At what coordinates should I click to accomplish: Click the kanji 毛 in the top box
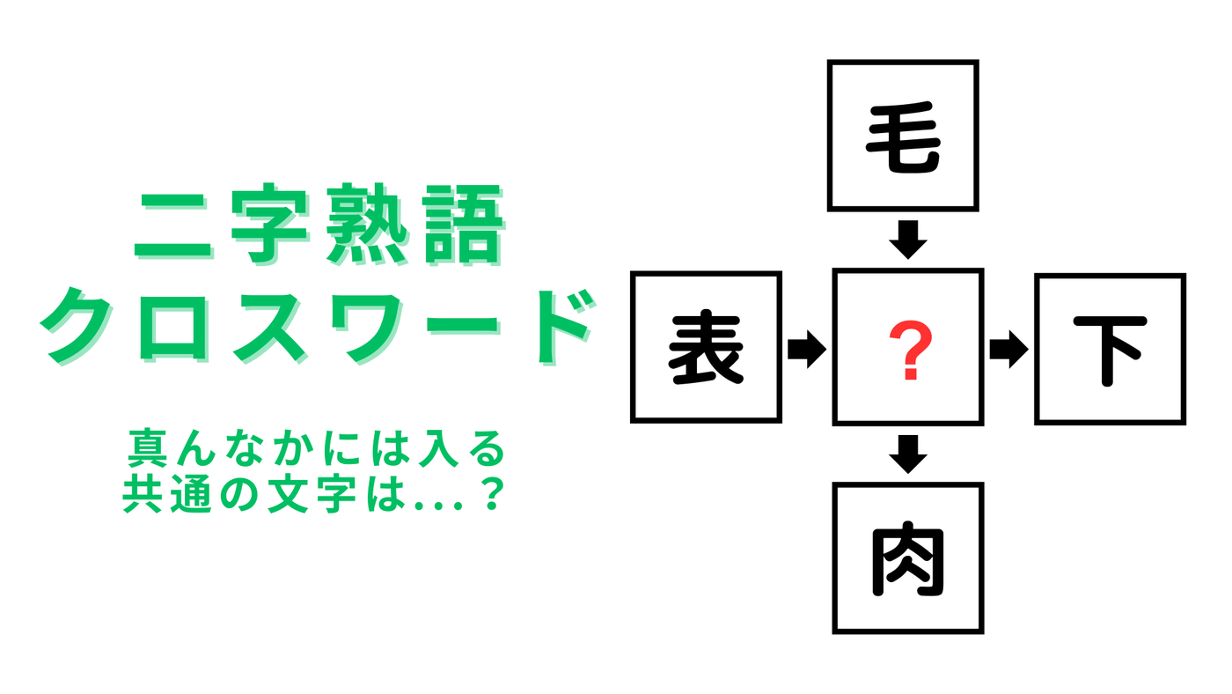(903, 137)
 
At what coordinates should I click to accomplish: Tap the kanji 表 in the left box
(706, 348)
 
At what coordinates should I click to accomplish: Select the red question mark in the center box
(911, 350)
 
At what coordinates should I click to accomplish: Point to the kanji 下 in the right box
(1111, 351)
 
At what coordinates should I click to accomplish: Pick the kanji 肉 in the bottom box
(908, 560)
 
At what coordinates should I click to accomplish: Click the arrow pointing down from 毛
(908, 240)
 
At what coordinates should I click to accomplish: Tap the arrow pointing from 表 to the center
(807, 349)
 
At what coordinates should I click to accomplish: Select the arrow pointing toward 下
(1009, 349)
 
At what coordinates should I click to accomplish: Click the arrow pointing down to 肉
(908, 454)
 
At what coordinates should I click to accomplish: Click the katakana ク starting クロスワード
(77, 327)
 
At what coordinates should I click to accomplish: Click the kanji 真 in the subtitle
(147, 447)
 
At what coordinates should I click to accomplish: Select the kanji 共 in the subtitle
(142, 495)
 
